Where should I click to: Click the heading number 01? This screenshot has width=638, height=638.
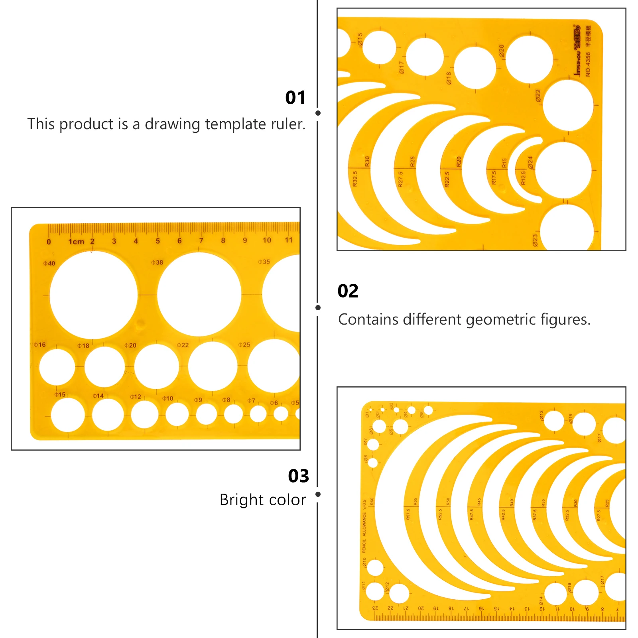tap(295, 98)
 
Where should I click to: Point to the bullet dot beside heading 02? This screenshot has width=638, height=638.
tap(318, 307)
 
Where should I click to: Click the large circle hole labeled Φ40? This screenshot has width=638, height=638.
tap(93, 295)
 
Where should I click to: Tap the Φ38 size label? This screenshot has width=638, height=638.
tap(157, 262)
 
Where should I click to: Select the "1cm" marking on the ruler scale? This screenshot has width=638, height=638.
tap(76, 242)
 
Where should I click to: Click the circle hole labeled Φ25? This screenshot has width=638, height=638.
tap(274, 366)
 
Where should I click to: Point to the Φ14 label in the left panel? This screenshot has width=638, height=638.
tap(98, 396)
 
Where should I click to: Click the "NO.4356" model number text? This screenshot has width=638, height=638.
tap(588, 64)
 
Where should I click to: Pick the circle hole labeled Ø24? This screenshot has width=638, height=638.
tap(563, 170)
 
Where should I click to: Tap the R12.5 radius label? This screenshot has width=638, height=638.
tap(523, 178)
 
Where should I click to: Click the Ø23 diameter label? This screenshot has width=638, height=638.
tap(535, 240)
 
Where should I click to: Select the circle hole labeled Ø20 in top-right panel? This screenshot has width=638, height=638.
tap(529, 59)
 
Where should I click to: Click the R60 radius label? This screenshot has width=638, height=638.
tap(372, 501)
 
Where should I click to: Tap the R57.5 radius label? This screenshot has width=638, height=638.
tap(408, 514)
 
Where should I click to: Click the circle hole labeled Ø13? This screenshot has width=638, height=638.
tap(554, 421)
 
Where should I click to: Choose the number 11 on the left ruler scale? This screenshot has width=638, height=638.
tap(288, 240)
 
